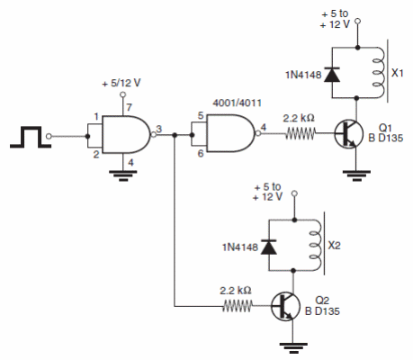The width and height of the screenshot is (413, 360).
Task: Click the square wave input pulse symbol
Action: (x=24, y=137)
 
